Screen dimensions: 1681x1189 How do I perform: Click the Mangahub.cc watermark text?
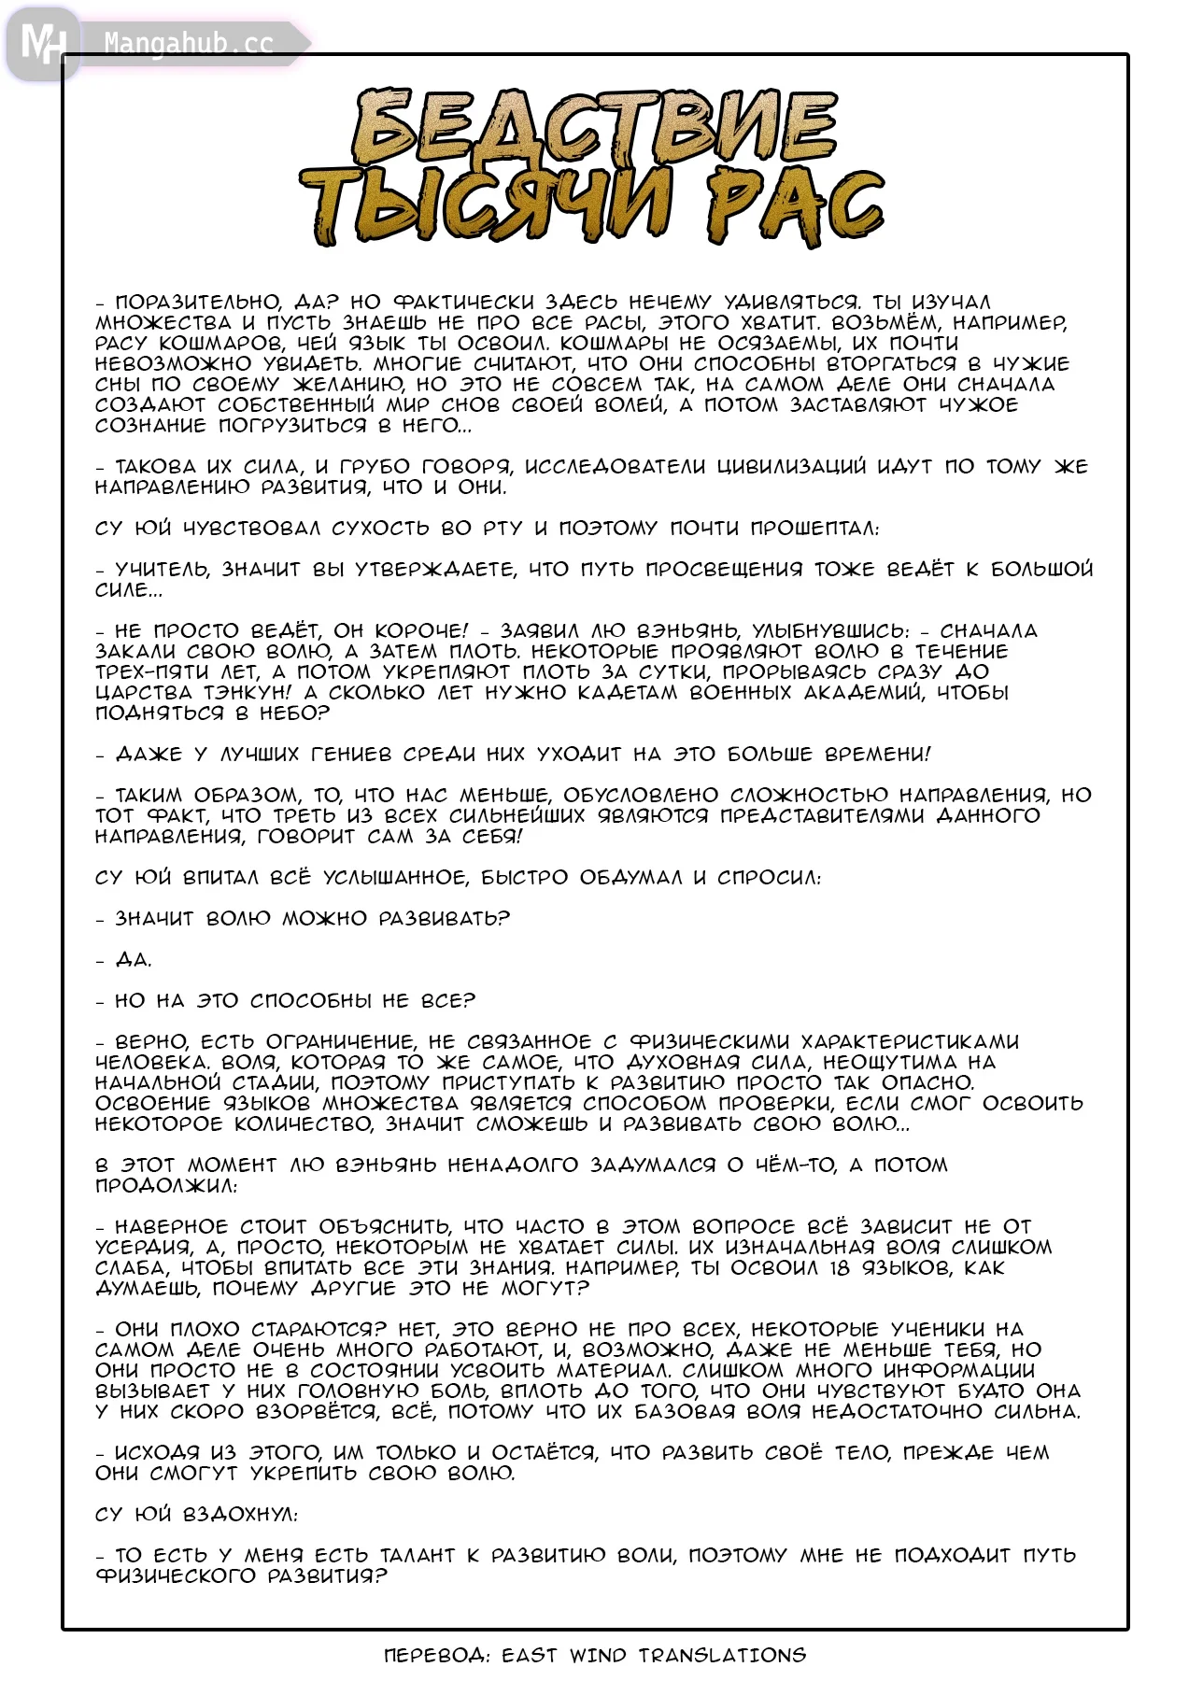point(188,44)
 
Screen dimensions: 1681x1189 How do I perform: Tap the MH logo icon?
point(42,43)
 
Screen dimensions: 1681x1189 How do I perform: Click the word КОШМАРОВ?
point(221,344)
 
